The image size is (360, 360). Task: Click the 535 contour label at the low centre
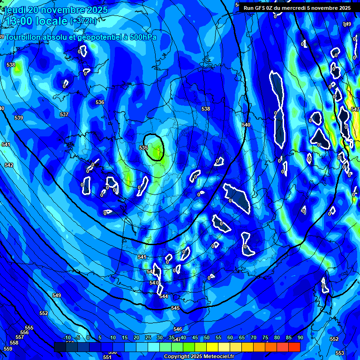(x=143, y=148)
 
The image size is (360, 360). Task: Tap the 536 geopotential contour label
(x=100, y=102)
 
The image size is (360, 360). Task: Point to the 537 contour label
(x=64, y=114)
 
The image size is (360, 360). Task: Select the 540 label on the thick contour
(x=246, y=125)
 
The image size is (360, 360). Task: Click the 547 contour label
(x=355, y=109)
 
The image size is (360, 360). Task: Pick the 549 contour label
(x=57, y=295)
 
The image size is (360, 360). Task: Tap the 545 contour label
(x=175, y=308)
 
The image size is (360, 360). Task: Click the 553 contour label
(x=340, y=353)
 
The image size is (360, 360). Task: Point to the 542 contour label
(x=9, y=165)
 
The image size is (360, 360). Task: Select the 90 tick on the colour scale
(x=300, y=337)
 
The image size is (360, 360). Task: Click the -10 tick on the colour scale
(x=67, y=337)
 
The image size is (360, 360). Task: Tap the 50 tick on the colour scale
(x=207, y=337)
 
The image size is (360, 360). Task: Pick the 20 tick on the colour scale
(x=136, y=337)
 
